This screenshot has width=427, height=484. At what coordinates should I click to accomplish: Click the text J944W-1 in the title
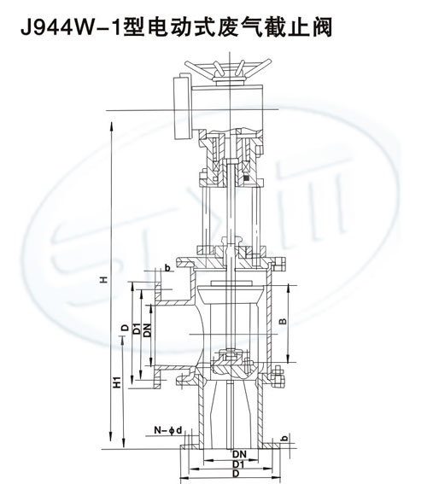(71, 27)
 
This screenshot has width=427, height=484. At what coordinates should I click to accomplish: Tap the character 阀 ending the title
(321, 27)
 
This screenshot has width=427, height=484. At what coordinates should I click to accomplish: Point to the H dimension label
(104, 279)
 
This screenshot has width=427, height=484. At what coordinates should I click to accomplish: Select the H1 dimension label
(117, 382)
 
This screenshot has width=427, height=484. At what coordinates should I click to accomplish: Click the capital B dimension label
(283, 321)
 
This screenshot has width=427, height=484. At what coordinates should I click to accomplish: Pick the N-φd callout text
(168, 430)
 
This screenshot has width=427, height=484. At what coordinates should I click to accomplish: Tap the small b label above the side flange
(167, 268)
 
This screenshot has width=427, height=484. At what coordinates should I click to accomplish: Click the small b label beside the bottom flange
(285, 438)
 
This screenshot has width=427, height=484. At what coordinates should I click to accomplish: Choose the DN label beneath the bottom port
(240, 454)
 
